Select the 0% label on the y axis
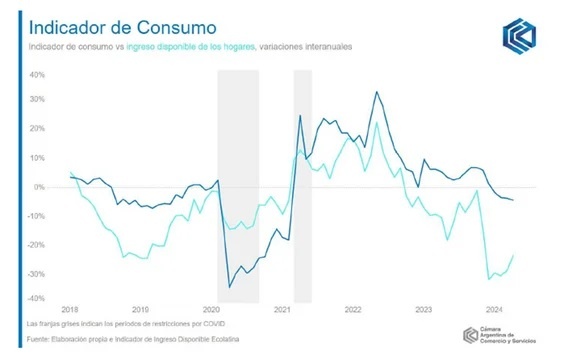coord(39,187)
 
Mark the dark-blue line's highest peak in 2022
coord(376,92)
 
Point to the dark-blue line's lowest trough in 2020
coord(229,287)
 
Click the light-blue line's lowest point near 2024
coord(488,279)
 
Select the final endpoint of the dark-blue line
coord(514,200)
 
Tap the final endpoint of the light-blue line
coord(514,255)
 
